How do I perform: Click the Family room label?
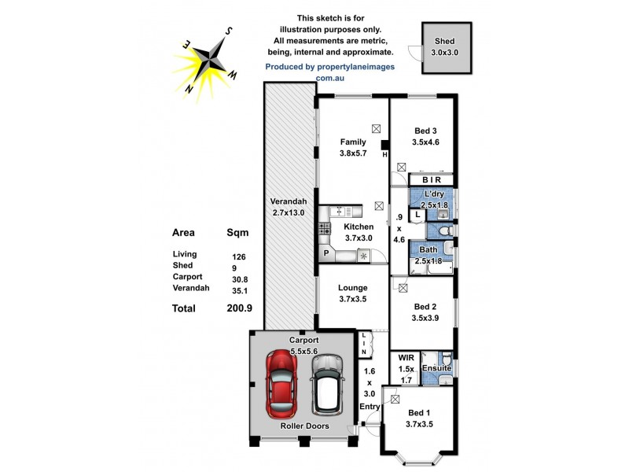coord(353,142)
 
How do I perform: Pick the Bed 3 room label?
coord(425,131)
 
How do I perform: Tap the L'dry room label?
coord(435,194)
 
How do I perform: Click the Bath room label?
coord(429,249)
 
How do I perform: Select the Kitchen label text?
coord(359,227)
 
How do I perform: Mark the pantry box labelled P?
coord(326,253)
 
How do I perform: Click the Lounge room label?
coord(352,288)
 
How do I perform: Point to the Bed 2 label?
coord(425,306)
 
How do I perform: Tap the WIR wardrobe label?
coord(406,358)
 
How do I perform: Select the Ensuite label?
coord(437,367)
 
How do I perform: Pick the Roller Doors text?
coord(305,426)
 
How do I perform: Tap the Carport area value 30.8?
coord(239,277)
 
